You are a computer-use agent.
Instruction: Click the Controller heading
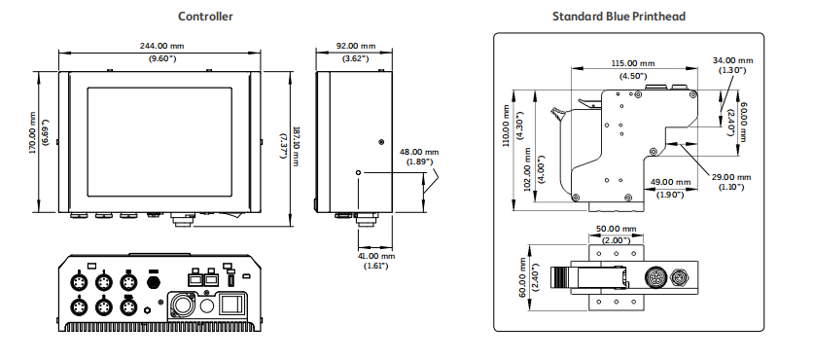click(205, 17)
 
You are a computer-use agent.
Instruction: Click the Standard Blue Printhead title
click(619, 17)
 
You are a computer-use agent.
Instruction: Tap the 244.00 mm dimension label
click(162, 46)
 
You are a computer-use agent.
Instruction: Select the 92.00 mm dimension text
click(356, 46)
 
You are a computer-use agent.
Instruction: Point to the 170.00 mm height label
click(33, 133)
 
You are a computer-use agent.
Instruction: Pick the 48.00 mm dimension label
click(419, 152)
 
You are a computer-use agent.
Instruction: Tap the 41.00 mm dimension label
click(375, 256)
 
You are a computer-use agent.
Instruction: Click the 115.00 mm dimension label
click(633, 63)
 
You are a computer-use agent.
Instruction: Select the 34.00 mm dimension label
click(732, 60)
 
